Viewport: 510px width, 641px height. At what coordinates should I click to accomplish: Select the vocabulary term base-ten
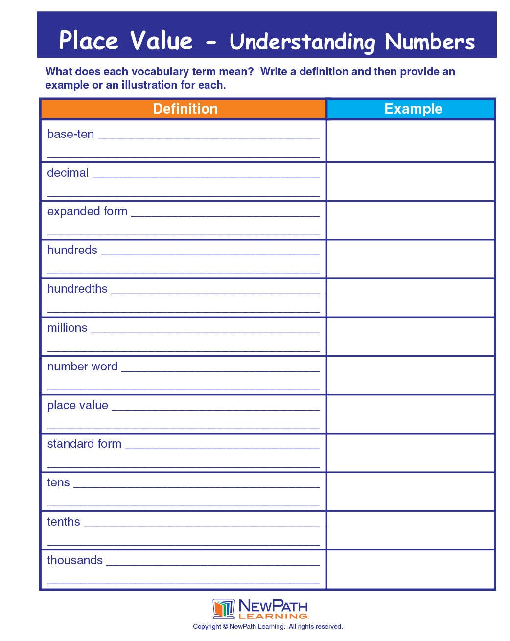70,134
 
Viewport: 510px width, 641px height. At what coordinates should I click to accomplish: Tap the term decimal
68,173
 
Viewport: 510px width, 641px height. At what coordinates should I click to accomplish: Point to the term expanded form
87,211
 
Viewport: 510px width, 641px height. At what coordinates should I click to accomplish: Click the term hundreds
72,250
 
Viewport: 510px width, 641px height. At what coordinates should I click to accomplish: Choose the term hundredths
77,289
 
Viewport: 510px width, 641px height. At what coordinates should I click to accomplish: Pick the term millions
67,328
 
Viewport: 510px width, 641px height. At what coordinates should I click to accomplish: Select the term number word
82,366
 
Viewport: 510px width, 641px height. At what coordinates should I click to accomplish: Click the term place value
77,405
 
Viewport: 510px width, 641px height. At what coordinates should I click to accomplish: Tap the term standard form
84,444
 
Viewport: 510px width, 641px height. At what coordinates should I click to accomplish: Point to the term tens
58,482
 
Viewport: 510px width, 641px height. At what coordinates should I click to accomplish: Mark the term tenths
63,522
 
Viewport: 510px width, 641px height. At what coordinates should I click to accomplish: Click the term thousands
75,560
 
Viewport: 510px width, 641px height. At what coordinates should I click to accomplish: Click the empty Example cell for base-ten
410,141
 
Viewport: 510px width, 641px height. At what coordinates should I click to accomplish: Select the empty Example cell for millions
410,336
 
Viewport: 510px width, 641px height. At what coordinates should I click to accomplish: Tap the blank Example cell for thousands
410,569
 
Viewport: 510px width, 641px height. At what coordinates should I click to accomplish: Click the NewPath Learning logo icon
224,609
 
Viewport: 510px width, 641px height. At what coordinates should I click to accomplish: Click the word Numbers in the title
430,42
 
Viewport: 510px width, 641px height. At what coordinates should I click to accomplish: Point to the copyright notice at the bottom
268,627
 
